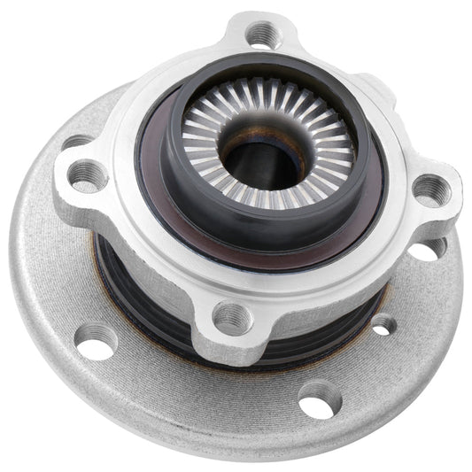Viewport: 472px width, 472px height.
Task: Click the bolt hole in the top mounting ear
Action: [262, 34]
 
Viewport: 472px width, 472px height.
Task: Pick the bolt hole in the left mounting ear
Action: [89, 174]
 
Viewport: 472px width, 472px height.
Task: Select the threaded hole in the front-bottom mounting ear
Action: [233, 316]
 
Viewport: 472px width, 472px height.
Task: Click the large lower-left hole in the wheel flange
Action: [96, 340]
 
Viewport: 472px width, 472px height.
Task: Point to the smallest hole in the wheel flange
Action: [383, 326]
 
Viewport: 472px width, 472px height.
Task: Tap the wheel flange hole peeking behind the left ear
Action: [74, 143]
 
